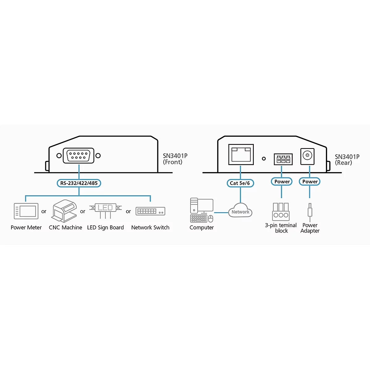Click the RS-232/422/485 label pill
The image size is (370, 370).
(x=79, y=183)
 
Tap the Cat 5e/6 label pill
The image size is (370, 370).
(x=240, y=183)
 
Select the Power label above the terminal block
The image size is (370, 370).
(x=282, y=181)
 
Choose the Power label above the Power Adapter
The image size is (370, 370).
(x=310, y=181)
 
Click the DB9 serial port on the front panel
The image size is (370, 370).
(x=79, y=155)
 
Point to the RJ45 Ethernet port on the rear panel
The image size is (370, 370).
(x=241, y=154)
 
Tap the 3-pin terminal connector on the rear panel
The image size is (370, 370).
(x=283, y=159)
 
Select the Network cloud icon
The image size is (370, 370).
(x=240, y=210)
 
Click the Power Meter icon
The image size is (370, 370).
(x=26, y=211)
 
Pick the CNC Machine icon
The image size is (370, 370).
(x=64, y=211)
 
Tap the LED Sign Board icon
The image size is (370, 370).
(x=105, y=211)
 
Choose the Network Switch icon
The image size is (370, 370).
(x=150, y=211)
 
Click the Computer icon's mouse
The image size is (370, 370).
(x=211, y=219)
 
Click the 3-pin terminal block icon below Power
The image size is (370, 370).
(x=281, y=212)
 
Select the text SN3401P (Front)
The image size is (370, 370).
(x=175, y=159)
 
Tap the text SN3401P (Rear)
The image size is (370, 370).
(x=347, y=160)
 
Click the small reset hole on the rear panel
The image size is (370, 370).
(x=264, y=158)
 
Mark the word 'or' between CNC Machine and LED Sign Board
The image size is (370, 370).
(x=83, y=212)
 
